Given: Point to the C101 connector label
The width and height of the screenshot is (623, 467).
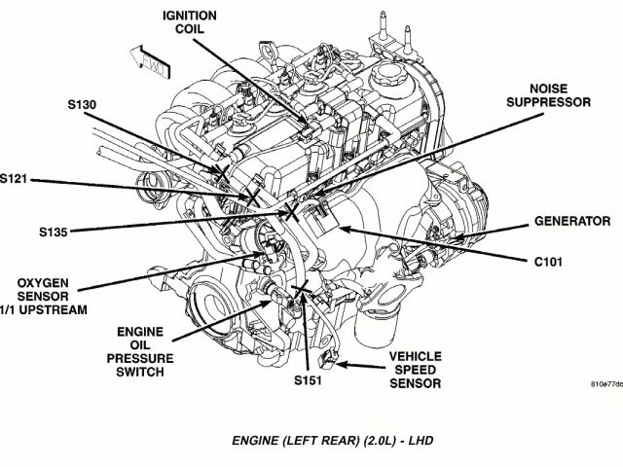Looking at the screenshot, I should (x=550, y=262).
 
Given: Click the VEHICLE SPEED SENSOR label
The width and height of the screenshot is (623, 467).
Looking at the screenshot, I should (x=416, y=369).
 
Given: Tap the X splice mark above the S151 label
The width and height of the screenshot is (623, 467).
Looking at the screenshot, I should (x=302, y=290).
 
